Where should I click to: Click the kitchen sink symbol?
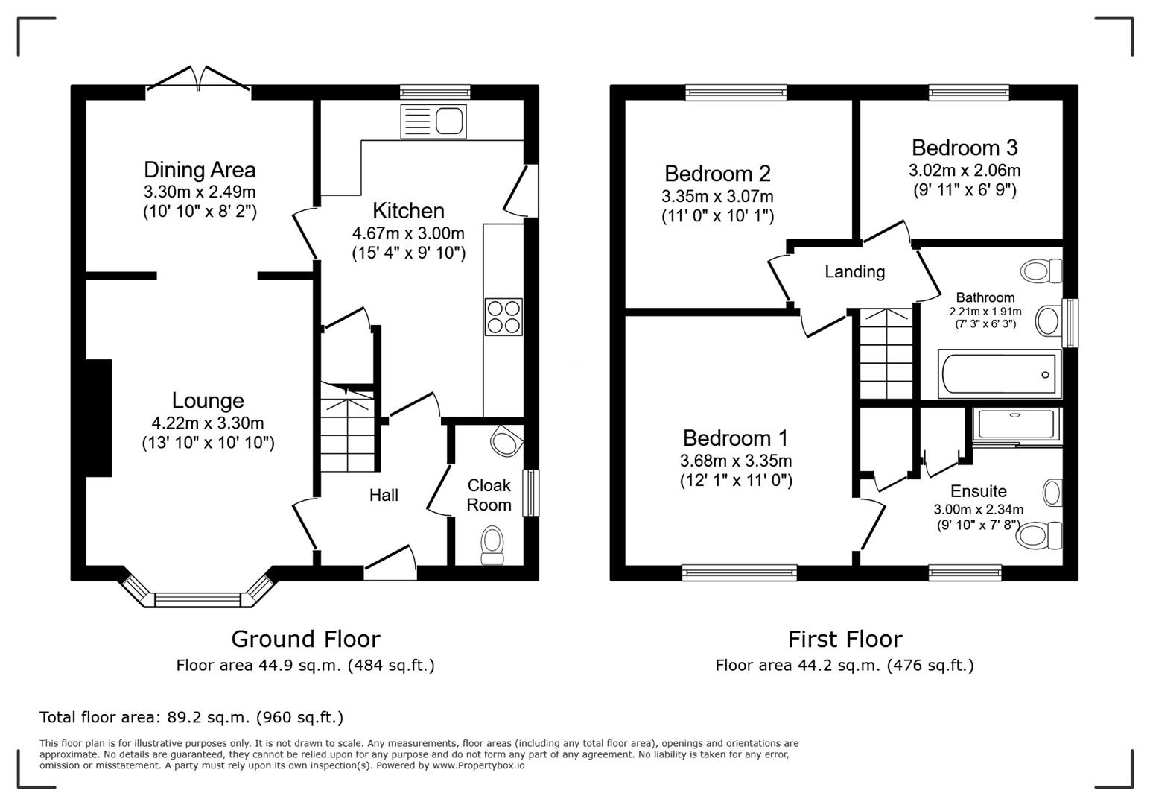click(x=433, y=121)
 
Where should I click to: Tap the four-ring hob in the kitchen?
click(x=503, y=317)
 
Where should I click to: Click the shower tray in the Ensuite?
click(x=1017, y=424)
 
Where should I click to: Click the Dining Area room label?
click(x=200, y=170)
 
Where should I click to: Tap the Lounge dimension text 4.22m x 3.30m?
click(x=208, y=423)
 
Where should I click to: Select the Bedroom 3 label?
click(x=965, y=148)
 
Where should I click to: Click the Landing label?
click(x=854, y=272)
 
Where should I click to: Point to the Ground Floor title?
click(x=305, y=639)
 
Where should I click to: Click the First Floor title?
click(x=845, y=639)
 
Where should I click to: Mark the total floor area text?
click(x=191, y=717)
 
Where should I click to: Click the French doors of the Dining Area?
click(x=198, y=80)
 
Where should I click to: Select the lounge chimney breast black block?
click(x=98, y=417)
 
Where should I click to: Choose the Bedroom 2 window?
click(x=736, y=92)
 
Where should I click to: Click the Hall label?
click(x=384, y=495)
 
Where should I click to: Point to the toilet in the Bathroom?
click(x=1043, y=271)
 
